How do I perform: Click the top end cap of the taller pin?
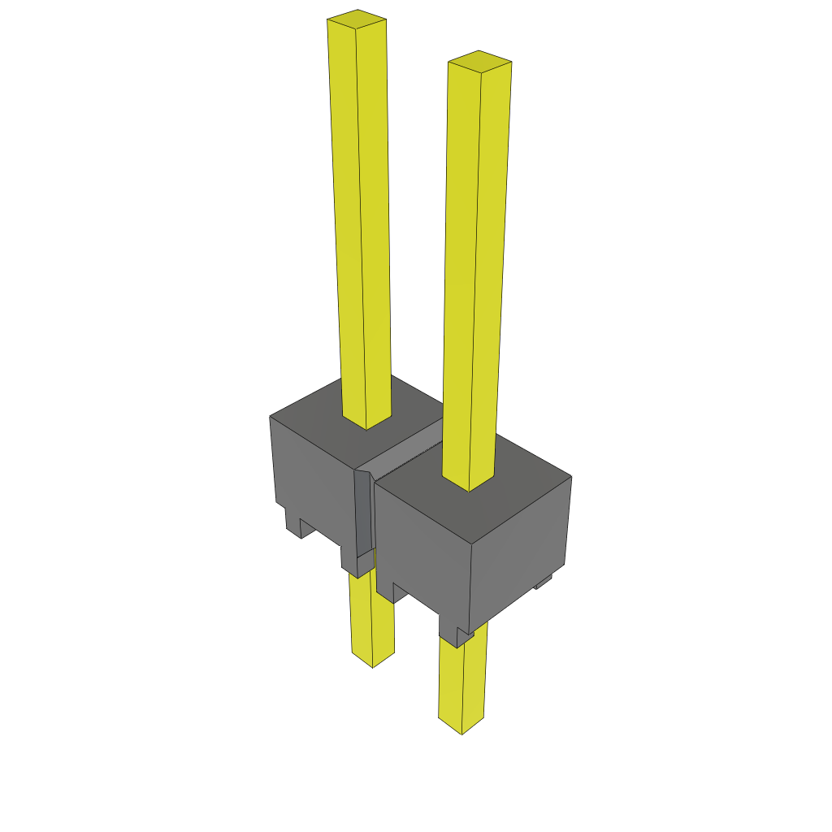[x=357, y=17]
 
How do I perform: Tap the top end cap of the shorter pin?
[x=479, y=61]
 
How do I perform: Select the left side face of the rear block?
[x=313, y=479]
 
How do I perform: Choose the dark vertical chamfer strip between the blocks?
[x=362, y=512]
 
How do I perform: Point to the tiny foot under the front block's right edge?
[x=543, y=582]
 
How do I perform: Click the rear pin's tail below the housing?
[x=371, y=617]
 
